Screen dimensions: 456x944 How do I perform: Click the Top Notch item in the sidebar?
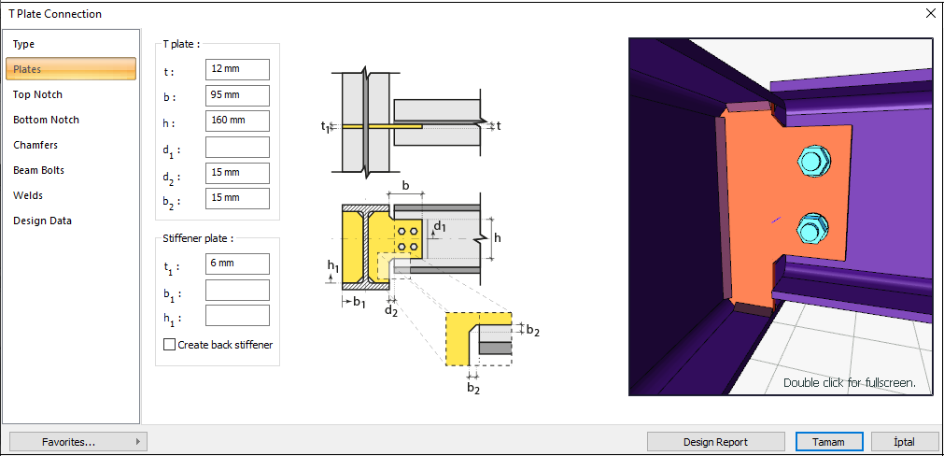point(38,94)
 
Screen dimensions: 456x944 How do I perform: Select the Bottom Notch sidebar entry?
point(46,120)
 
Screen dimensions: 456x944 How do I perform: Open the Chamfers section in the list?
point(35,145)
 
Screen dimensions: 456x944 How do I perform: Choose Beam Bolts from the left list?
point(38,170)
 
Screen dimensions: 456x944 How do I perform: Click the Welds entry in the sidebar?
point(28,195)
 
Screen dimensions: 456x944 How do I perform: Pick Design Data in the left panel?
point(42,221)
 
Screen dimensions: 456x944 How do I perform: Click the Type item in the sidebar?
point(24,44)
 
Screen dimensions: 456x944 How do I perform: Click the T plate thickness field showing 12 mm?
point(237,70)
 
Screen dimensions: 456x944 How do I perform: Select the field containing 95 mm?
point(237,95)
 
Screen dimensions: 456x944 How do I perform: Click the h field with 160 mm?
point(237,121)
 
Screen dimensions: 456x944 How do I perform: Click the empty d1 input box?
point(237,147)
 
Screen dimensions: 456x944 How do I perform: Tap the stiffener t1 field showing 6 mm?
point(237,264)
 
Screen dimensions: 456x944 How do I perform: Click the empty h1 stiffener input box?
point(237,316)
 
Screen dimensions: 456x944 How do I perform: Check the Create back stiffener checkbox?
point(170,345)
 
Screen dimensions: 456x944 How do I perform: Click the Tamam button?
point(828,442)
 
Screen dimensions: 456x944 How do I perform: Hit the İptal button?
point(904,442)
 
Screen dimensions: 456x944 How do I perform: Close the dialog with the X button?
point(930,14)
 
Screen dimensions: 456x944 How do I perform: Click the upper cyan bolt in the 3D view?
point(810,163)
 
